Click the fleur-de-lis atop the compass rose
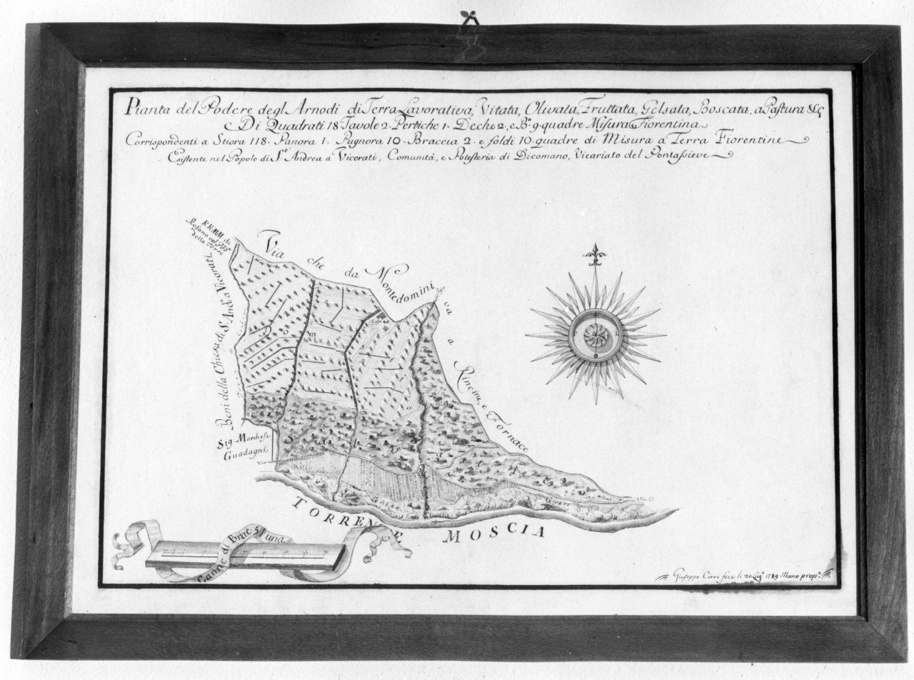tap(594, 254)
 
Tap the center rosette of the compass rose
tap(594, 336)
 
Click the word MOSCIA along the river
tap(493, 532)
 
